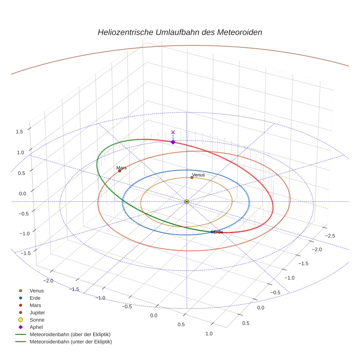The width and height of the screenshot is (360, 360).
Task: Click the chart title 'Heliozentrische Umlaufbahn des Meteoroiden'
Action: [180, 32]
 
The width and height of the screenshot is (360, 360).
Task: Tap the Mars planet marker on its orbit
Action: [120, 171]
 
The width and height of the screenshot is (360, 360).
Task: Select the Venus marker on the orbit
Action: [192, 178]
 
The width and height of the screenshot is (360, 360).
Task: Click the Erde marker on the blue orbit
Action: [212, 232]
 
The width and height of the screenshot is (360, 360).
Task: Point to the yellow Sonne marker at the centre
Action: [187, 202]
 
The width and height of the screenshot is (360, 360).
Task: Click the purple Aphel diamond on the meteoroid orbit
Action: [173, 142]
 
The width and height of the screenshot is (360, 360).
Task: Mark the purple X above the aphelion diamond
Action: [173, 132]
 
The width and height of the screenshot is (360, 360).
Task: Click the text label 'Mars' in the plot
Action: [121, 168]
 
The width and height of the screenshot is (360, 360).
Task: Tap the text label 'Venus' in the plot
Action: [198, 175]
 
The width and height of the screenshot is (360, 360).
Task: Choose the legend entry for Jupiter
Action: [37, 312]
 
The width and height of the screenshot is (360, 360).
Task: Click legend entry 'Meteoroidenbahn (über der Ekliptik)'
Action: [70, 334]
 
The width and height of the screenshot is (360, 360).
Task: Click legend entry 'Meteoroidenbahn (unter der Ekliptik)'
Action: [71, 342]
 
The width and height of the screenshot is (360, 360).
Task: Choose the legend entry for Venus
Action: [37, 290]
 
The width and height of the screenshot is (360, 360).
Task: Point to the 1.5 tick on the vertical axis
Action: [19, 132]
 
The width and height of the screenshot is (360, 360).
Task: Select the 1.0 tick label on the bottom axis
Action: [209, 333]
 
